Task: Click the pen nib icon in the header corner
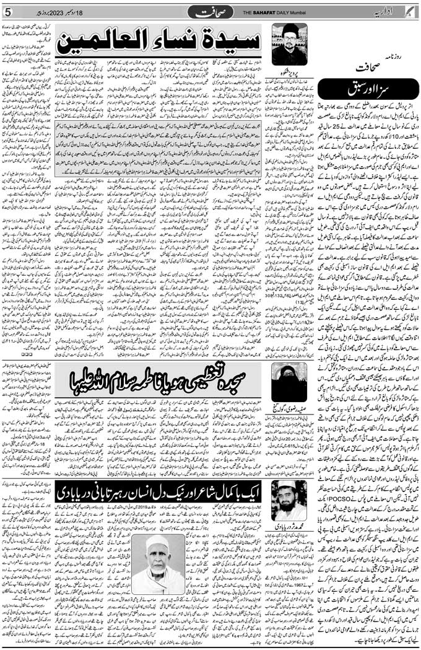[414, 11]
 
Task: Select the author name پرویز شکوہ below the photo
[289, 67]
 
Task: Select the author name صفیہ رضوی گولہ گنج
[289, 406]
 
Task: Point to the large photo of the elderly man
[158, 564]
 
